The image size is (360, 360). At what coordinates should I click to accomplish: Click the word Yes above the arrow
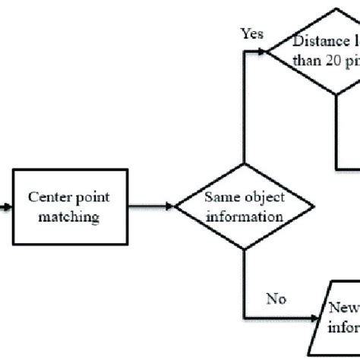coord(252,33)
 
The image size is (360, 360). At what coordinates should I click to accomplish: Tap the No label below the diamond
coord(275,298)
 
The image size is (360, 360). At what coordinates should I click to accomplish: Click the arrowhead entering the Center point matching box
coord(9,206)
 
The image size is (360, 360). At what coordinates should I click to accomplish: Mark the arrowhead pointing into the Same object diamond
coord(171,206)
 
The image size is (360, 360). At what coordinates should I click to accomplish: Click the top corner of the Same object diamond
coord(245,164)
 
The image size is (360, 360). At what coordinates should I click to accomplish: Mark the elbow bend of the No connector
coord(245,317)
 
